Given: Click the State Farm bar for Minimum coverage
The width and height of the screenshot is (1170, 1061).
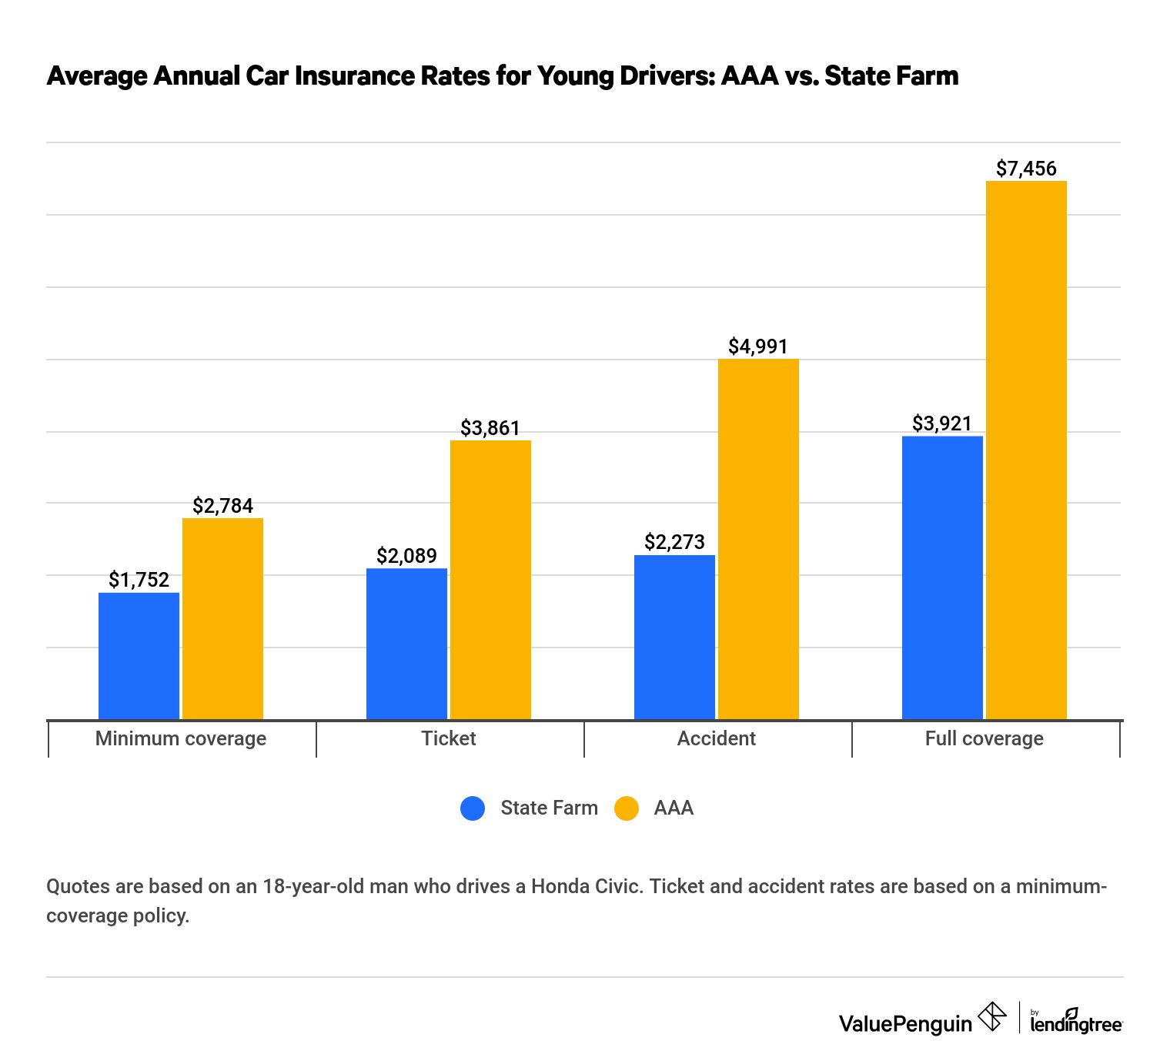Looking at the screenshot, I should point(139,656).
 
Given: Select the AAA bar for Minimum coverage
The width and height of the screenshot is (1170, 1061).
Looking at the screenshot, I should point(222,619).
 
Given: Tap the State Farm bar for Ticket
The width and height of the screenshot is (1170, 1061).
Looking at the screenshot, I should point(406,644).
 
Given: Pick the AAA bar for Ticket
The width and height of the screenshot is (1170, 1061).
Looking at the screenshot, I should point(490,580).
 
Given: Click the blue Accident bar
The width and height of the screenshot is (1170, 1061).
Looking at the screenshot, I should point(674,638).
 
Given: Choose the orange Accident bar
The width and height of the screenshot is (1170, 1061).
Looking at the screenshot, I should point(758,539).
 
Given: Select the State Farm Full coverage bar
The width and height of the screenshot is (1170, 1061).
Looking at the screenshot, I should point(942,577).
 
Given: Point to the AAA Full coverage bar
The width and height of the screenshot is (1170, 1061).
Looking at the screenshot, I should point(1026,450).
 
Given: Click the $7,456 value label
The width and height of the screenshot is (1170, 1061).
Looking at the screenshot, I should point(1026,169).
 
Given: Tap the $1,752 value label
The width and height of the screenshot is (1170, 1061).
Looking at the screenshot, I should point(139,580).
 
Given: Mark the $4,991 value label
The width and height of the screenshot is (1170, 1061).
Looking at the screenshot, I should point(758,346).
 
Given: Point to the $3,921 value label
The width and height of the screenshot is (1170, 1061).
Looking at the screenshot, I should point(942,423).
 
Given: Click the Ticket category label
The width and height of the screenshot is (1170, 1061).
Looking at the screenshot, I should point(449,738).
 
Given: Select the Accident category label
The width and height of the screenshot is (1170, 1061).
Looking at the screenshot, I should point(716,738).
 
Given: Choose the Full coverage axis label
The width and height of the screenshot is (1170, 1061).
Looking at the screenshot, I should point(984,738).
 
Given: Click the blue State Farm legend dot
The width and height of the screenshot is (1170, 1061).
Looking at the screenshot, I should point(473,808).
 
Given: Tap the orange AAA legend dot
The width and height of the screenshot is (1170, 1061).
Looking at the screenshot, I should point(627,808).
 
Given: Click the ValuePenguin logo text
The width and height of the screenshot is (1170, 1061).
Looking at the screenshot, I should point(905,1023).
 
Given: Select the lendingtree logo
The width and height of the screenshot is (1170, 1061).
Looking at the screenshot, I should point(1076,1022).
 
